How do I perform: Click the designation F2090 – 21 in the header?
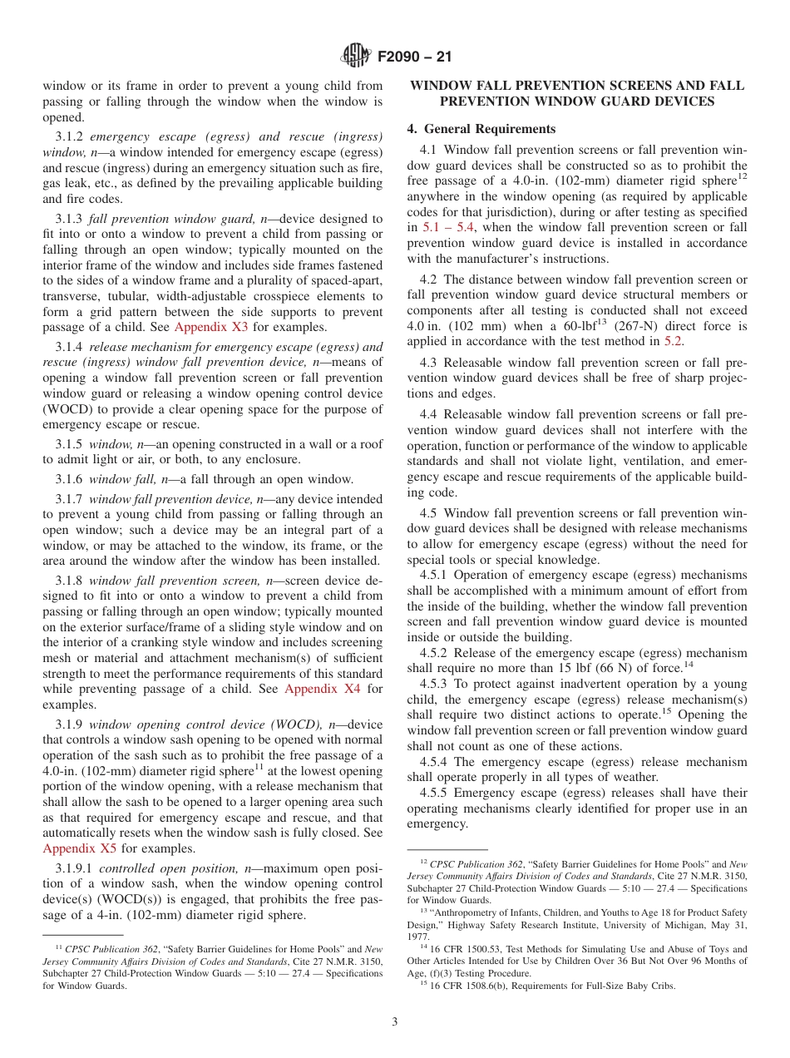coord(414,57)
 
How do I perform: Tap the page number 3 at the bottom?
coord(395,1022)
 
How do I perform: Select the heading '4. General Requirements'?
coord(481,129)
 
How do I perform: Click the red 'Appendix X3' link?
coord(211,327)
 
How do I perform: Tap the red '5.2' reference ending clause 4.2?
coord(674,342)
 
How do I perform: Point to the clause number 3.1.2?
coord(69,136)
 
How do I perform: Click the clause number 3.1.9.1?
coord(74,868)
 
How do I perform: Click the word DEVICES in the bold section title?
coord(674,101)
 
